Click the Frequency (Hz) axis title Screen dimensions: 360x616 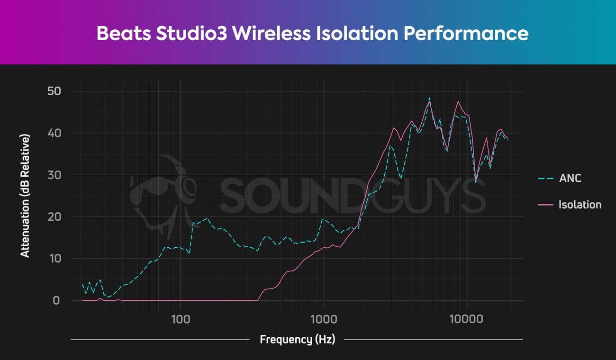[297, 339]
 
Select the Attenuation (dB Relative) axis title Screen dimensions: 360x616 [25, 196]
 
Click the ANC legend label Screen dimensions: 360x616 [570, 179]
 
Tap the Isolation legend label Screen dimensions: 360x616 [580, 205]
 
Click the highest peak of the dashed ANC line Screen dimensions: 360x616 [429, 99]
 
